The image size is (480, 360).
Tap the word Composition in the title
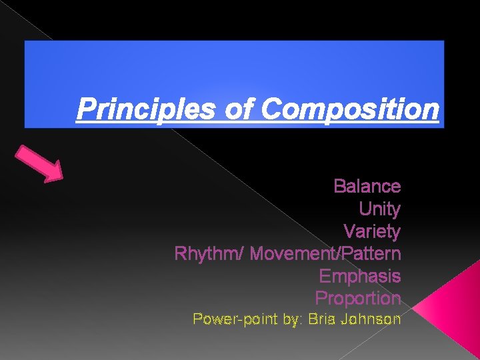(x=351, y=109)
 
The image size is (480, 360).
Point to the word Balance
(x=367, y=186)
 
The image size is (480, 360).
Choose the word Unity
(x=379, y=209)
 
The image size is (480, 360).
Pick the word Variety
(x=371, y=231)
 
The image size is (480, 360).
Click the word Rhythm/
(x=209, y=254)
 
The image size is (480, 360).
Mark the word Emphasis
(x=360, y=276)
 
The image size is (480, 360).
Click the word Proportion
(x=358, y=298)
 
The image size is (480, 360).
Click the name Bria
(x=321, y=319)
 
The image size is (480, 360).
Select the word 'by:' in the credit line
(x=293, y=319)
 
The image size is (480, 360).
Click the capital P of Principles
(x=84, y=109)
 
